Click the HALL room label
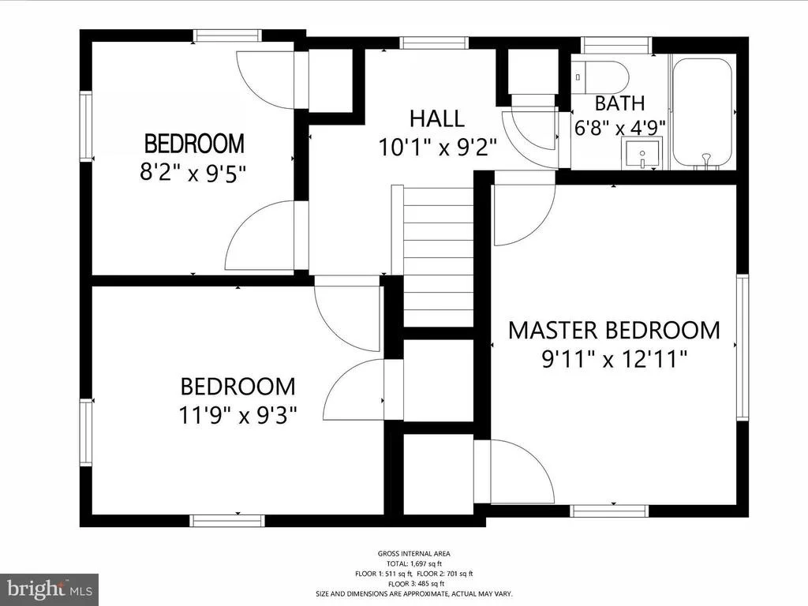pyautogui.click(x=437, y=118)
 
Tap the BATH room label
pyautogui.click(x=619, y=103)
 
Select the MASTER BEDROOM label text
pyautogui.click(x=614, y=331)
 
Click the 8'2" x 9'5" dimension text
pyautogui.click(x=192, y=173)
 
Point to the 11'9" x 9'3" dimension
pyautogui.click(x=238, y=415)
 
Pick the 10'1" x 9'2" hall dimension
pyautogui.click(x=437, y=148)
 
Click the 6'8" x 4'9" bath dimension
pyautogui.click(x=620, y=127)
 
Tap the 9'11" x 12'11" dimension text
pyautogui.click(x=614, y=359)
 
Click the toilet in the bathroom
pyautogui.click(x=600, y=77)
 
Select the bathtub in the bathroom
pyautogui.click(x=702, y=114)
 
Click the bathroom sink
pyautogui.click(x=642, y=153)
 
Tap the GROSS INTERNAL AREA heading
pyautogui.click(x=413, y=553)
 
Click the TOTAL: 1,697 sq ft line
pyautogui.click(x=414, y=563)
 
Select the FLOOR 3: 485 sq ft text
pyautogui.click(x=416, y=584)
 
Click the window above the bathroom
pyautogui.click(x=617, y=45)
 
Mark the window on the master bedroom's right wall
pyautogui.click(x=742, y=347)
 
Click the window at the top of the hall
pyautogui.click(x=434, y=43)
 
